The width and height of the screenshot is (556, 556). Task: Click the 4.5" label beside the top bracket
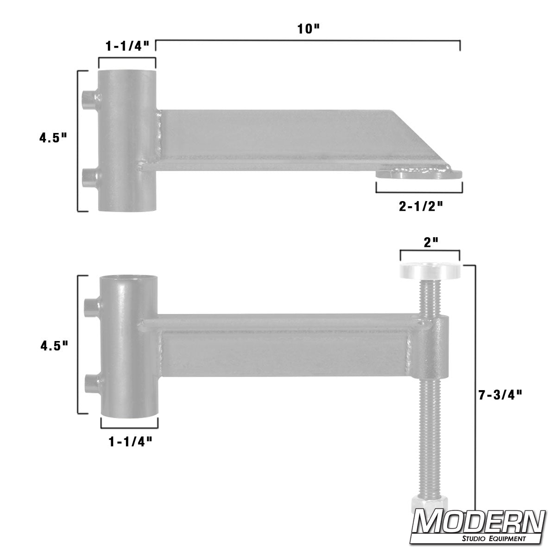pyautogui.click(x=53, y=138)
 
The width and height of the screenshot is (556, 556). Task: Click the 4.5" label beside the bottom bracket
pyautogui.click(x=53, y=344)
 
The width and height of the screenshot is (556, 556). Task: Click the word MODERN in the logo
pyautogui.click(x=479, y=523)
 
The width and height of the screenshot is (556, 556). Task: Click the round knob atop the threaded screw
pyautogui.click(x=431, y=271)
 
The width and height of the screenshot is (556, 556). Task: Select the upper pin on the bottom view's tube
pyautogui.click(x=92, y=305)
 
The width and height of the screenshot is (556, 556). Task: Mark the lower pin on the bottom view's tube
pyautogui.click(x=92, y=383)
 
